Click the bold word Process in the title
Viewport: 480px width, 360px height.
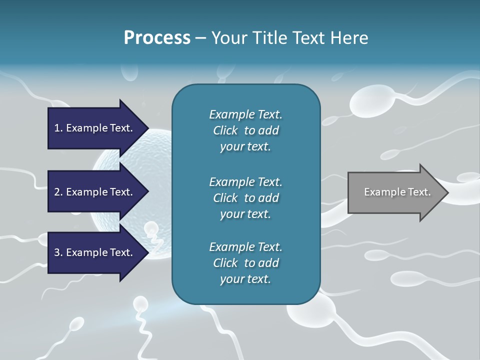point(157,38)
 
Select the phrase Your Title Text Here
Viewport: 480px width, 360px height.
point(289,38)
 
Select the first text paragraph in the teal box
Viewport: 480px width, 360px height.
point(245,130)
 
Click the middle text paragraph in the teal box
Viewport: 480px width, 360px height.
point(245,197)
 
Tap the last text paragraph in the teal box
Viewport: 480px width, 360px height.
point(245,263)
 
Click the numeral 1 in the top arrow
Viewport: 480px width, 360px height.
point(57,128)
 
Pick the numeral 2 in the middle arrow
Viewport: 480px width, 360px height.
point(57,192)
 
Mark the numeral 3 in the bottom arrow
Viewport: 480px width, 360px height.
point(57,252)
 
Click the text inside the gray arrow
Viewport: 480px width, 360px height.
point(397,192)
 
